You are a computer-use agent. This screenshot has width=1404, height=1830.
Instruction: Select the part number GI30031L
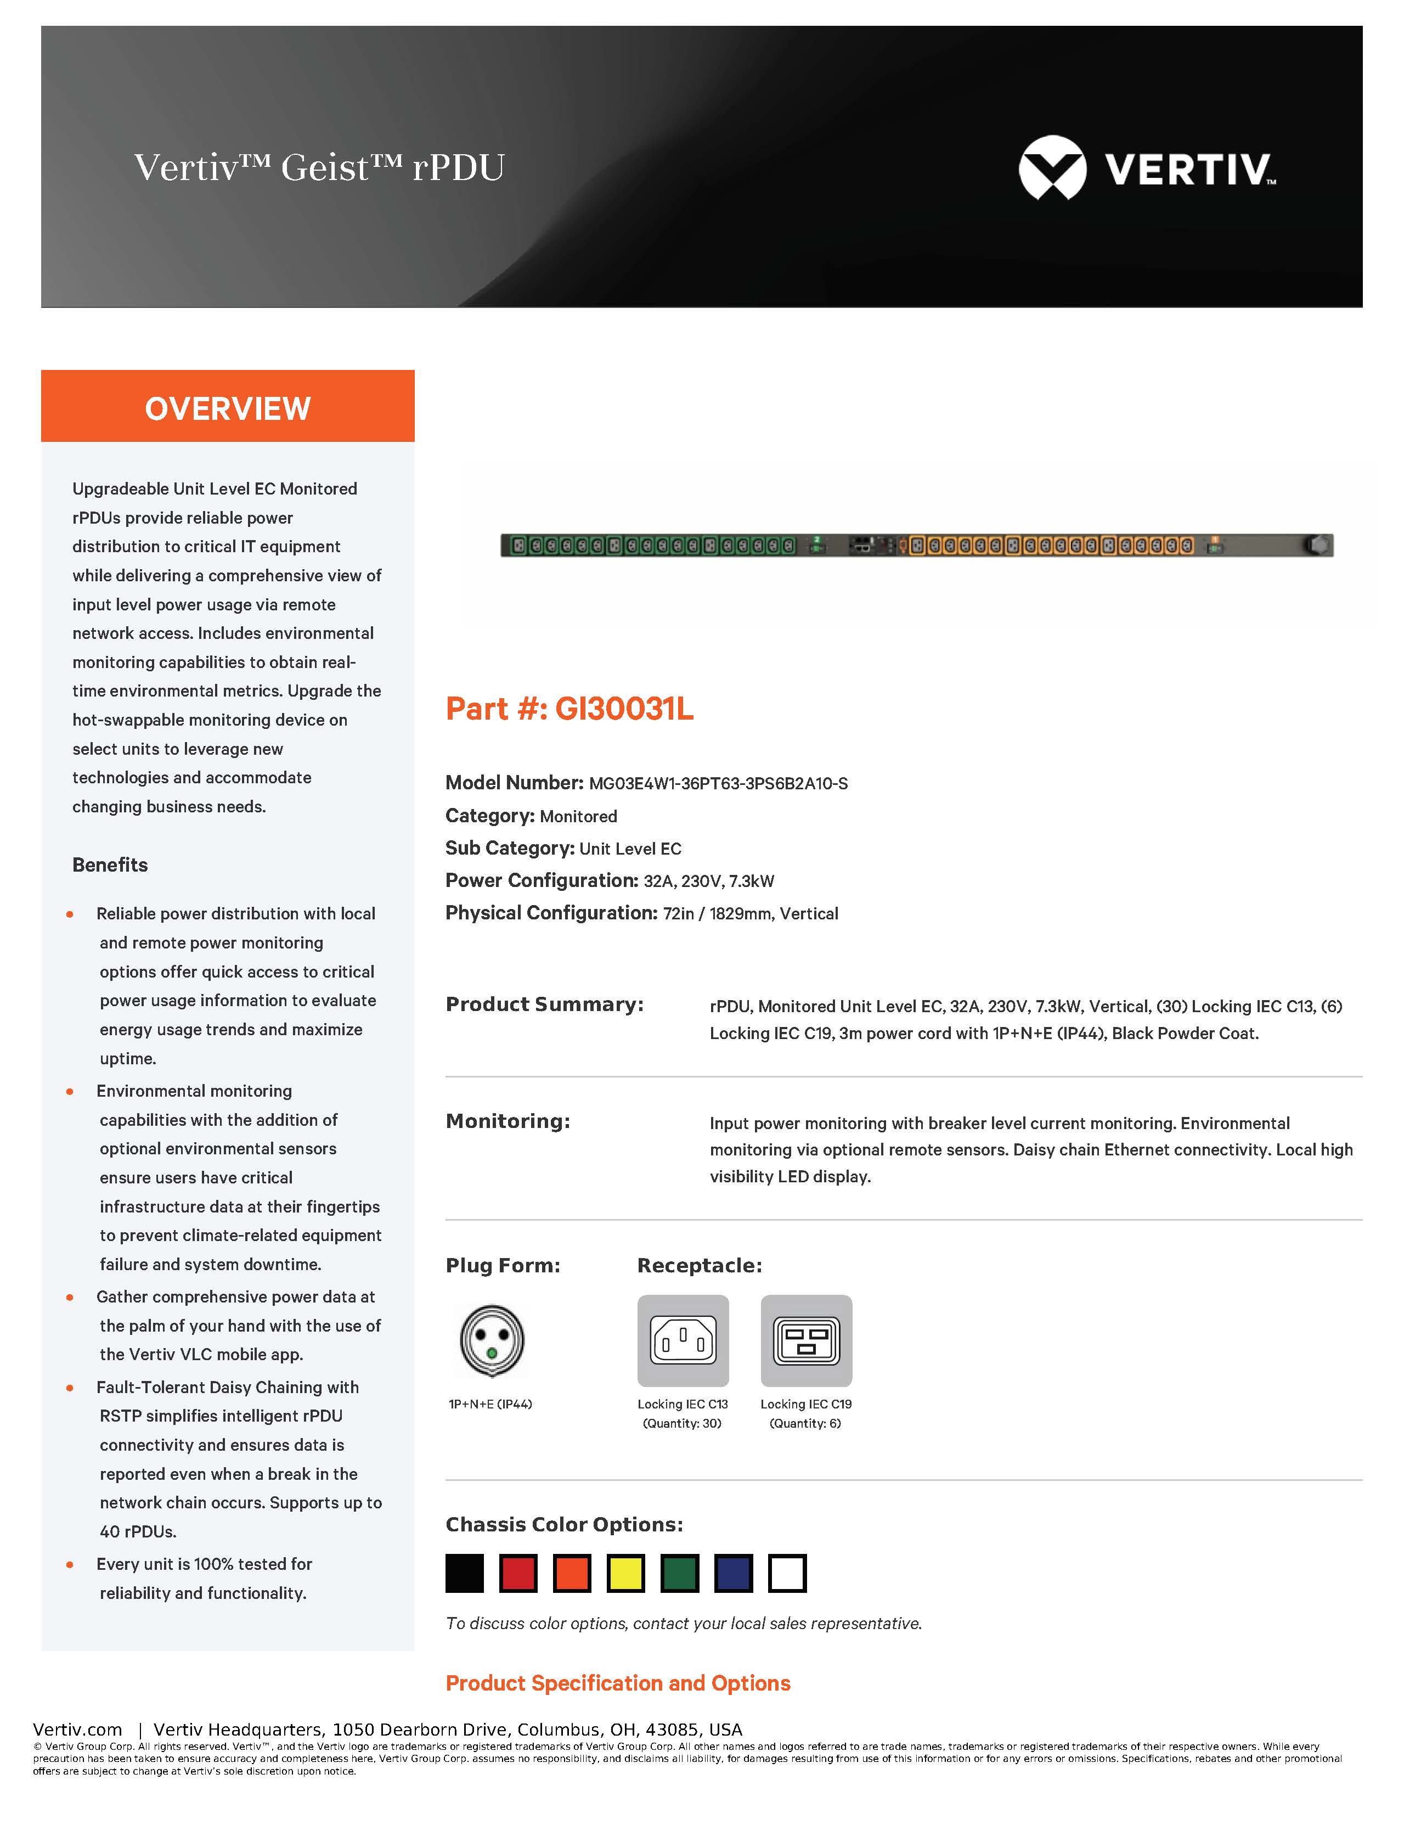tap(624, 709)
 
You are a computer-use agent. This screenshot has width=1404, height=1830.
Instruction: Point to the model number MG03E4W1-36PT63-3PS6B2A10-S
tap(718, 783)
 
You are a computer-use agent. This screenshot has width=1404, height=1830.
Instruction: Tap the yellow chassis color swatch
tap(626, 1573)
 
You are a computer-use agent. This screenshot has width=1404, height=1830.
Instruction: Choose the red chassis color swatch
tap(518, 1573)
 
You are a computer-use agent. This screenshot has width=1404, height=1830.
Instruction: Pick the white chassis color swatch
tap(787, 1573)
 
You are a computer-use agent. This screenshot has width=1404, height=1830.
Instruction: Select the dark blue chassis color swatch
tap(734, 1573)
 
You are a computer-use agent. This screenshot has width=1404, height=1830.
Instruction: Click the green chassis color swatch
tap(679, 1573)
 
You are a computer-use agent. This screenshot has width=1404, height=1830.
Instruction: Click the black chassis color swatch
tap(465, 1573)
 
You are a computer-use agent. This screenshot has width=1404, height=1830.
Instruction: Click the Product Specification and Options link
tap(618, 1683)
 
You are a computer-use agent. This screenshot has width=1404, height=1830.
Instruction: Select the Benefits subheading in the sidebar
tap(110, 865)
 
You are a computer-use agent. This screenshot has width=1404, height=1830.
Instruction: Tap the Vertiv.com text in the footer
tap(78, 1730)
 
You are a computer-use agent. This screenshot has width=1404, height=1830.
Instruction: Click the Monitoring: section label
tap(508, 1121)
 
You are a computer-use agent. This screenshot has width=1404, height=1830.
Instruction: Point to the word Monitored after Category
tap(578, 816)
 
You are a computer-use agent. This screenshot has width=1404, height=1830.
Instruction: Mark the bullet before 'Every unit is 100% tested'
tap(70, 1564)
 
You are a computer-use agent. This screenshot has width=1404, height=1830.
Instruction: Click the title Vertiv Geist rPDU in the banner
tap(319, 167)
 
